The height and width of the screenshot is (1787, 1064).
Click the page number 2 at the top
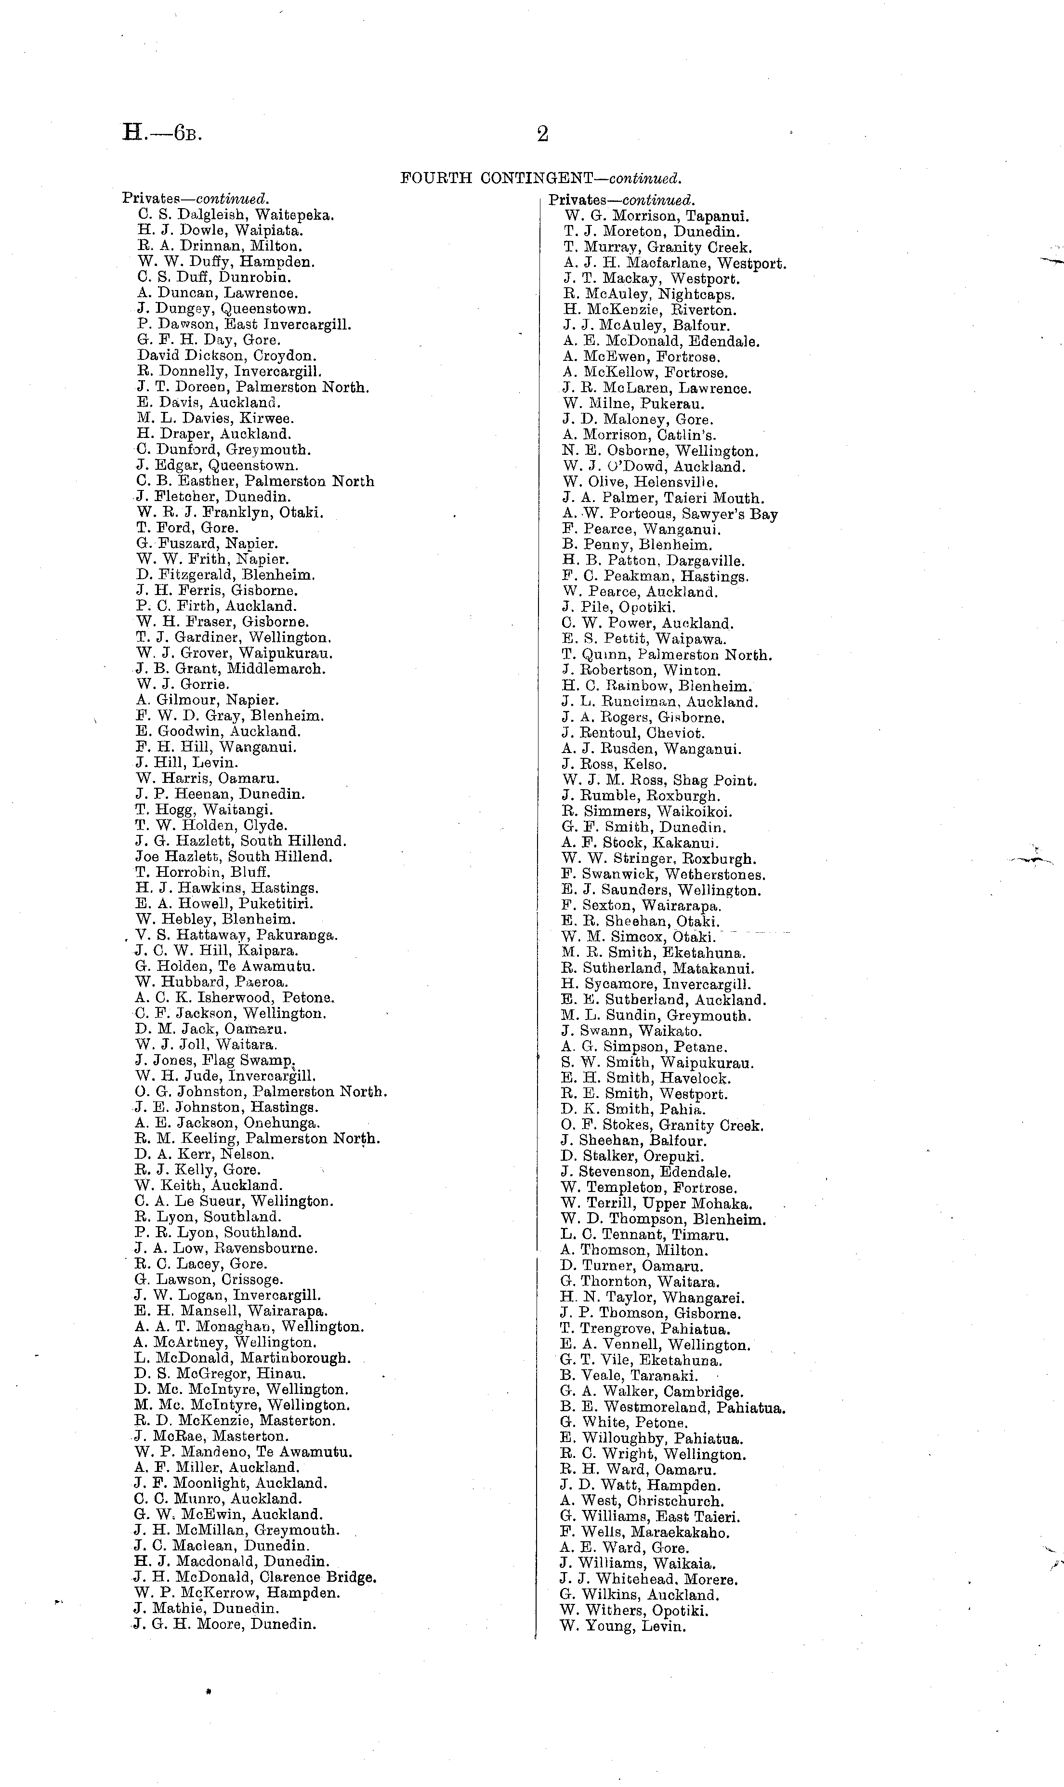(543, 134)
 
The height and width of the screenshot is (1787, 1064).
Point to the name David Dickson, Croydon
(226, 356)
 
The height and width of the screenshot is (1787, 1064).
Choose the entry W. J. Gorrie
(183, 684)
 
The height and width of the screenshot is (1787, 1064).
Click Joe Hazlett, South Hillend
(234, 856)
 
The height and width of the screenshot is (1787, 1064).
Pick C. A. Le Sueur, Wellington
(233, 1201)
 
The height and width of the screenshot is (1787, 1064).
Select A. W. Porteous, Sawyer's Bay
(670, 514)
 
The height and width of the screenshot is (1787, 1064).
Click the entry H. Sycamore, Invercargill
(656, 985)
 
